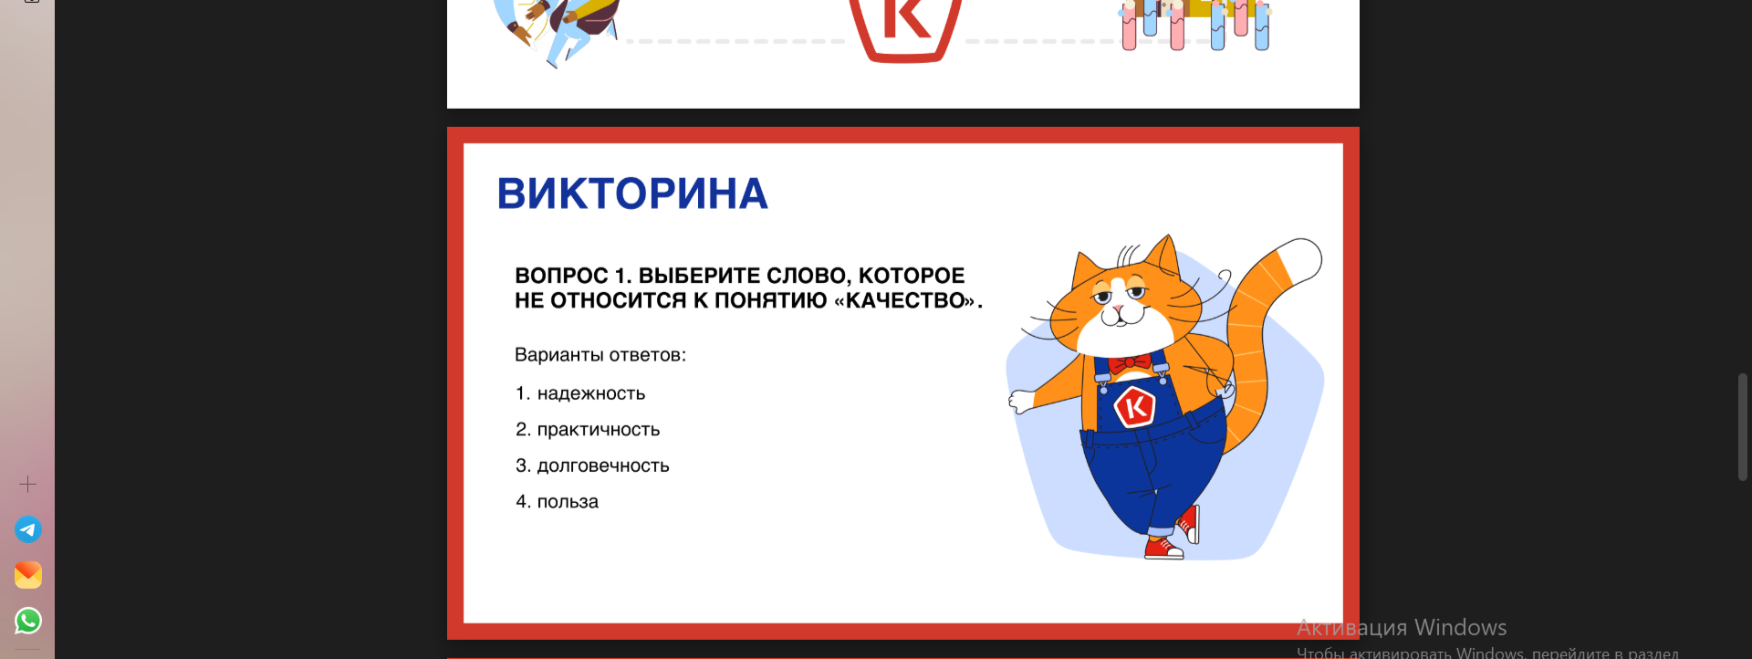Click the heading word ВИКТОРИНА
coord(632,194)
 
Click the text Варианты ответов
coord(600,355)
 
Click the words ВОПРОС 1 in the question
coord(570,276)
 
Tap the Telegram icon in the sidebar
coord(28,529)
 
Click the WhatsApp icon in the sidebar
coord(28,621)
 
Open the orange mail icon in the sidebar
coord(28,575)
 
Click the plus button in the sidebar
coord(28,484)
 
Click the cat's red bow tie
coord(1131,362)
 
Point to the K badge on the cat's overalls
coord(1135,407)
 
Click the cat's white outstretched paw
coord(1022,401)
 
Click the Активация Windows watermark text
coord(1402,628)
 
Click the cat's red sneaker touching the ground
coord(1163,549)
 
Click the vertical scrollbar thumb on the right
coord(1743,426)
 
